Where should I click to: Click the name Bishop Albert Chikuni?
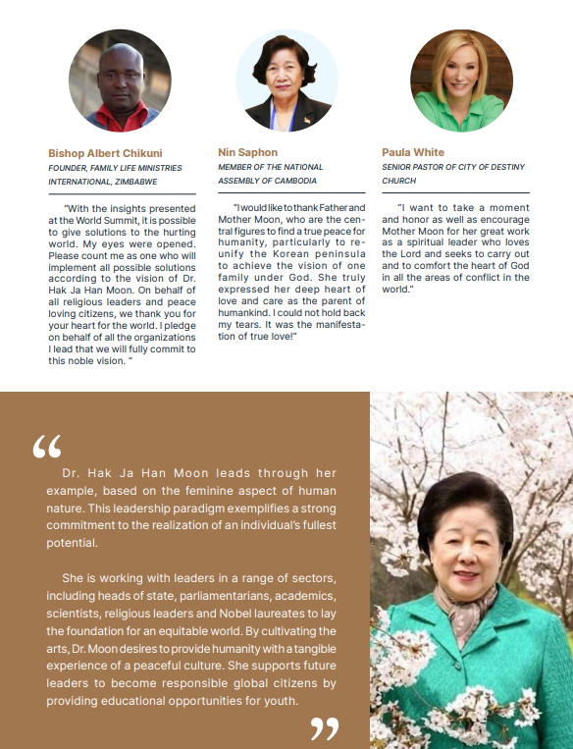pyautogui.click(x=105, y=153)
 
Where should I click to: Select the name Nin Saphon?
pyautogui.click(x=247, y=152)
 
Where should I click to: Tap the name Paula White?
pyautogui.click(x=413, y=152)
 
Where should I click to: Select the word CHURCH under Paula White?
pyautogui.click(x=399, y=181)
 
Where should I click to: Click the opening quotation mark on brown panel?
pyautogui.click(x=47, y=449)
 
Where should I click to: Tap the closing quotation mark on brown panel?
pyautogui.click(x=325, y=728)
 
